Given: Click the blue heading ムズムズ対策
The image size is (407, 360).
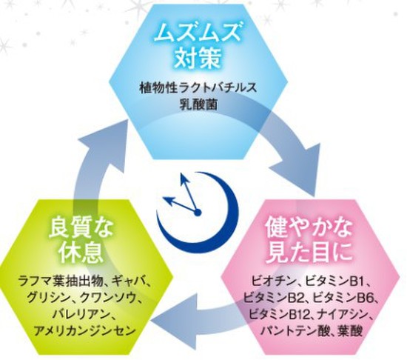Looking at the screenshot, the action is tap(198, 44).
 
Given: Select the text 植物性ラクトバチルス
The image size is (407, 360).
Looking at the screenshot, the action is tap(198, 88).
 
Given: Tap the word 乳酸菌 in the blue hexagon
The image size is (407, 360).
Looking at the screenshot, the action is tap(198, 104).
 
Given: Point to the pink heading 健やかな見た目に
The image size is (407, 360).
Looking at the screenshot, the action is tap(309, 239).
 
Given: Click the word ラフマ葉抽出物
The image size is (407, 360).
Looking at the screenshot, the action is tap(61, 281).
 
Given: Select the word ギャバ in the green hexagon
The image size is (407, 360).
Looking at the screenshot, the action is tap(128, 281).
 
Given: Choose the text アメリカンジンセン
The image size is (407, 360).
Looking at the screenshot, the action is tap(85, 330).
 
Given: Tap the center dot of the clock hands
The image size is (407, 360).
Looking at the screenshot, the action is tap(198, 213).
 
